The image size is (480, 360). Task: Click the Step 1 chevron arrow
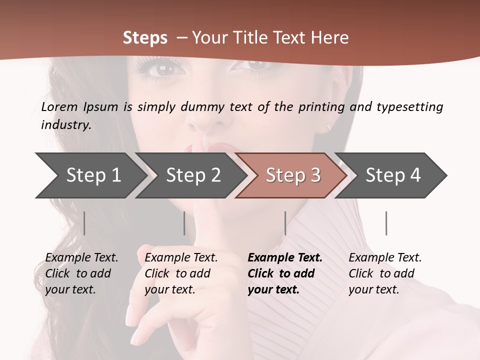coord(93,175)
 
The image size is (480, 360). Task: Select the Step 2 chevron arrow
coord(193,175)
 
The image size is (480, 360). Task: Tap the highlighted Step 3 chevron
coord(293,175)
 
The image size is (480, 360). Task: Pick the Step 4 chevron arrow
coord(393,175)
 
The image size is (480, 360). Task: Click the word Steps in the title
coord(145,38)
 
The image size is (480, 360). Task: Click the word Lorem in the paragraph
coord(59,107)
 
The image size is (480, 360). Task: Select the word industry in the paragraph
coord(65,125)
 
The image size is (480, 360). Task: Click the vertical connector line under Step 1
coord(84,223)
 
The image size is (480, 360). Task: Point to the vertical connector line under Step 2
coord(184,223)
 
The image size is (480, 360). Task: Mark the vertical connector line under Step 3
coord(285,223)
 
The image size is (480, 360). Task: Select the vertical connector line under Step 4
coord(386,223)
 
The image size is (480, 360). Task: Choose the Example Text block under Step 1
coord(81,273)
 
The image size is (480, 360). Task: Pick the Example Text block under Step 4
coord(385,273)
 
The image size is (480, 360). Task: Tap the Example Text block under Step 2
coord(181,273)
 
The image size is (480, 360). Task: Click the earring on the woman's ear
coord(329,126)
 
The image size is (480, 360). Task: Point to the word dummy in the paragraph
coord(203,107)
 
